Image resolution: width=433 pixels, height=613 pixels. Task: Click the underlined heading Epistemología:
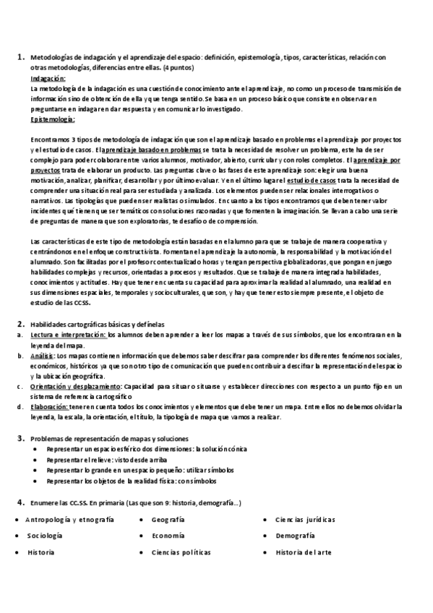53,117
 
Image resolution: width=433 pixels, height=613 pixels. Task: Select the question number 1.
20,56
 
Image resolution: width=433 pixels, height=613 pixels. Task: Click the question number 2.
20,325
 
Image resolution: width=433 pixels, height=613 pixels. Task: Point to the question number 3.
20,437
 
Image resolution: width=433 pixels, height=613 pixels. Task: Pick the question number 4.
20,502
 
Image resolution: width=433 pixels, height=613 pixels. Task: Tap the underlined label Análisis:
43,356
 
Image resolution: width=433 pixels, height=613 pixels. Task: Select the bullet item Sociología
45,536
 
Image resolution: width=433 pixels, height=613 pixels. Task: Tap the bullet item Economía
168,536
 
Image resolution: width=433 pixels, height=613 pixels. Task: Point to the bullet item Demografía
296,536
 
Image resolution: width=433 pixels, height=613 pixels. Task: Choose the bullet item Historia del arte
304,552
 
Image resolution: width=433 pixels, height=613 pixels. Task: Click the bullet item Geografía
168,520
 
